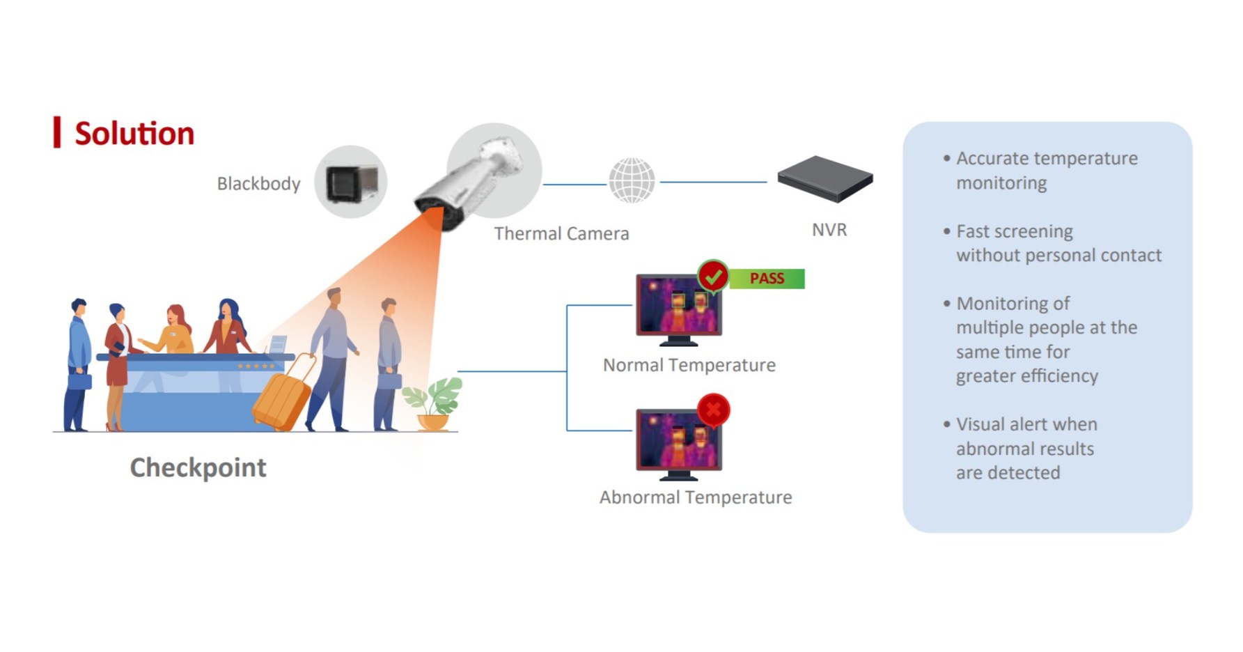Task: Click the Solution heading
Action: tap(134, 133)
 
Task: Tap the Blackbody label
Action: tap(258, 184)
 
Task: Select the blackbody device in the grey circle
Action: tap(352, 183)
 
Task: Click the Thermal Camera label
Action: tap(561, 233)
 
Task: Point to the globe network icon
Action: tap(632, 180)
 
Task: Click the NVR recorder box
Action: tap(825, 179)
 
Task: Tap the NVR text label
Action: tap(829, 230)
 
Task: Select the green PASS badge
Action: tap(767, 279)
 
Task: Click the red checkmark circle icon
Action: tap(713, 277)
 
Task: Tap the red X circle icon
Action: tap(713, 410)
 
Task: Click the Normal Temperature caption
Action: tap(689, 365)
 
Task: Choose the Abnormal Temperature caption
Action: tap(695, 497)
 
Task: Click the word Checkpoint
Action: tap(198, 467)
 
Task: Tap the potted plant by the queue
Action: tap(433, 404)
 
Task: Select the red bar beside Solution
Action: tap(57, 132)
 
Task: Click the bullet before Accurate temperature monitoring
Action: tap(946, 158)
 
